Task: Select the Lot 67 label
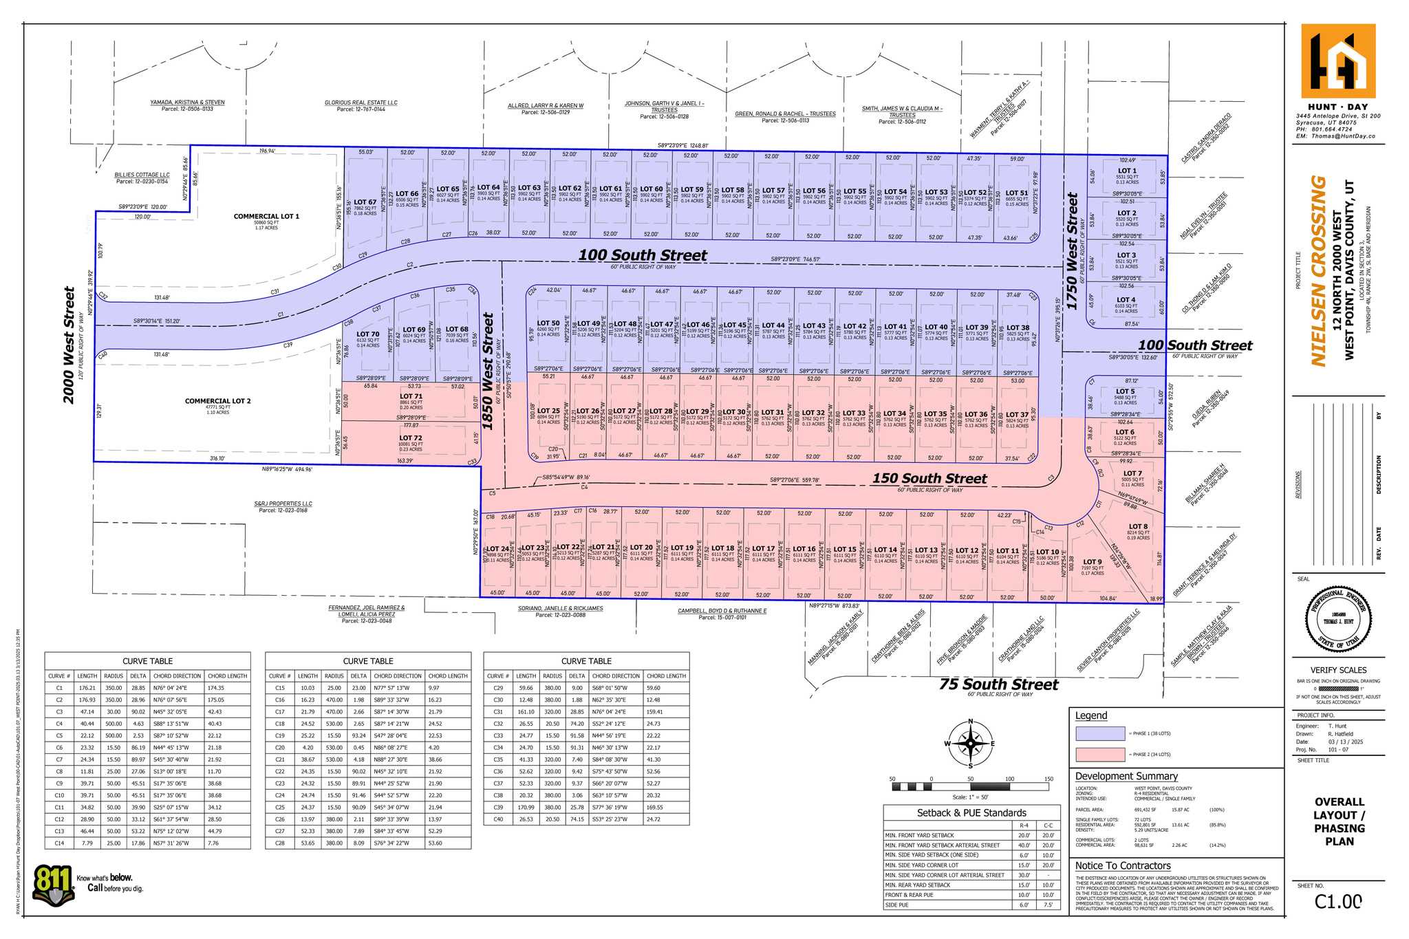point(365,202)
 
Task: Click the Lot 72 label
point(411,438)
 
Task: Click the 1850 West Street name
point(488,371)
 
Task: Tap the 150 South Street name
point(929,479)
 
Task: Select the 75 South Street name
point(998,684)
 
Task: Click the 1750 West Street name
point(1072,238)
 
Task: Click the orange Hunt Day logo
point(1338,61)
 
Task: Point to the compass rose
point(970,744)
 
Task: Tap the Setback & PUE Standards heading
point(971,813)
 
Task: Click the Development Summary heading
point(1126,776)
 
